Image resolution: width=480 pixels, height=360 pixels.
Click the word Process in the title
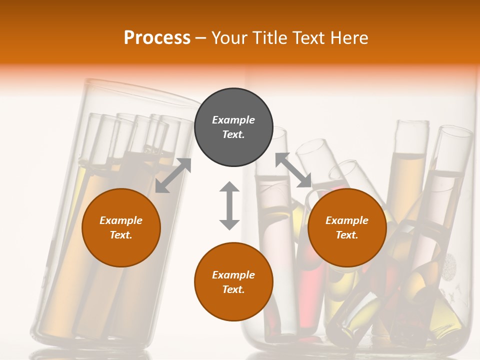click(x=157, y=38)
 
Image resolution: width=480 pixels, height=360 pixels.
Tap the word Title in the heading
click(x=270, y=38)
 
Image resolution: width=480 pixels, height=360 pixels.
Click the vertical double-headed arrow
click(x=229, y=205)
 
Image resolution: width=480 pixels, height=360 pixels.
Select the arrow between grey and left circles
click(x=173, y=175)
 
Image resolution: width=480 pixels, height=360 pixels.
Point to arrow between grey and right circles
click(x=293, y=170)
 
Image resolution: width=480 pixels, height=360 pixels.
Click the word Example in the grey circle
click(x=233, y=120)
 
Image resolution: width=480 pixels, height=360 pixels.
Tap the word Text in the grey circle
click(x=233, y=134)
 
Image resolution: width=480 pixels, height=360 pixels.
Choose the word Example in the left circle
click(x=121, y=220)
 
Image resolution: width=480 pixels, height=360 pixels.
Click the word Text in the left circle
click(x=121, y=235)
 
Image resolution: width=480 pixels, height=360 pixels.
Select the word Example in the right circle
click(x=347, y=220)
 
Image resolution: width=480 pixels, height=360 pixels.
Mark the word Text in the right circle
click(x=347, y=235)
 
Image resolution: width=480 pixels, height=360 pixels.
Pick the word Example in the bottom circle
click(x=233, y=275)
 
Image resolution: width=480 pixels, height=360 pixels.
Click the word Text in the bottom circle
click(x=233, y=289)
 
